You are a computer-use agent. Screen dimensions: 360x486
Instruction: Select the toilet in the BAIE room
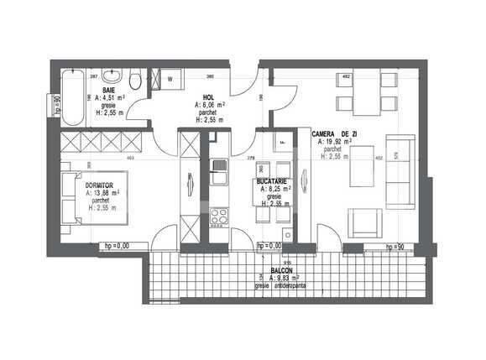[x=133, y=80]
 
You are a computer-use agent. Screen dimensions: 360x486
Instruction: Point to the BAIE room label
[x=109, y=89]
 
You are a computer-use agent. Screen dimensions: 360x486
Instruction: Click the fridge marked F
[x=283, y=143]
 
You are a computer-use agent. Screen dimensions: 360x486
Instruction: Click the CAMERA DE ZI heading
[x=335, y=134]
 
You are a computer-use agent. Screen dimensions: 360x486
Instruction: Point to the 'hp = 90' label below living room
[x=395, y=248]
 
